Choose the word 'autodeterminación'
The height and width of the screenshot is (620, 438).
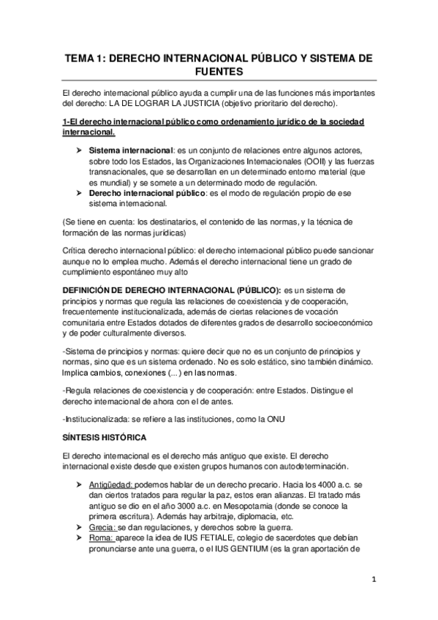click(311, 466)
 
